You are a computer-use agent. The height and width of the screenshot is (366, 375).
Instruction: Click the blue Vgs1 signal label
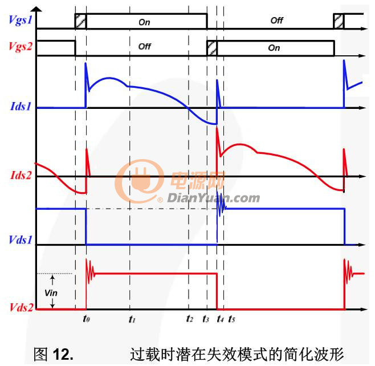coord(21,20)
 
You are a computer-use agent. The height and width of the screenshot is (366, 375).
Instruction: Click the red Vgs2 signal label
coord(21,47)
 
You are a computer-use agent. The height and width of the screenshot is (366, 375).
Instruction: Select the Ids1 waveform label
coord(21,106)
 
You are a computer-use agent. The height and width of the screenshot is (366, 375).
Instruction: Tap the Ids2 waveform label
coord(21,175)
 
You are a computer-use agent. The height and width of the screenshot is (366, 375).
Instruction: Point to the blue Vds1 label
coord(21,239)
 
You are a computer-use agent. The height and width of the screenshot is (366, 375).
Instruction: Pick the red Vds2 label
coord(21,308)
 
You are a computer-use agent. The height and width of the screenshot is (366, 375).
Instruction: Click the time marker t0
coord(86,319)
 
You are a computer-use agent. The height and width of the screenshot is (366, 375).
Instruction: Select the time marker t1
coord(132,319)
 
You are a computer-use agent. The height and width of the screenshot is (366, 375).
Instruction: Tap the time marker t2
coord(190,319)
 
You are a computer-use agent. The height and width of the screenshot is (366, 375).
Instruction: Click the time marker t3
coord(206,319)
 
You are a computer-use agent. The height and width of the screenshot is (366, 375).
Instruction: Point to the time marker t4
coord(220,319)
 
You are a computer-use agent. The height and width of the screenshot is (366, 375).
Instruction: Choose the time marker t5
coord(231,319)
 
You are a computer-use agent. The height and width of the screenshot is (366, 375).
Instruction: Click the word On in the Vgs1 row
coord(144,22)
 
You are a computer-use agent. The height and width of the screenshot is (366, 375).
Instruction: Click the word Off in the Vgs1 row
coord(277,21)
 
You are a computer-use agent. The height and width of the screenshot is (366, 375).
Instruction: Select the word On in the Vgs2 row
coord(274,48)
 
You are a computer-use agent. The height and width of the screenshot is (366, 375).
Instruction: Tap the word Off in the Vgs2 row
coord(144,46)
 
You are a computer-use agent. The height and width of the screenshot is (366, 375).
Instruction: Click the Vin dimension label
coord(51,293)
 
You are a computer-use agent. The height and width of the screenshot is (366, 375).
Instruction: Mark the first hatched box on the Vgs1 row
coord(80,21)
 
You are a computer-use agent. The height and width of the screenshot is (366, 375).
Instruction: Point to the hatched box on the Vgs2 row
coord(212,48)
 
